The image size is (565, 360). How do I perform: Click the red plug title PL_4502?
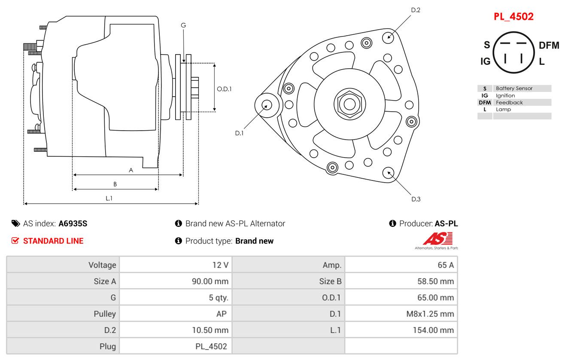click(513, 17)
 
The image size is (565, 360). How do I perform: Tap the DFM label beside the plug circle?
click(549, 46)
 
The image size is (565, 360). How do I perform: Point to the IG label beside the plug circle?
click(485, 61)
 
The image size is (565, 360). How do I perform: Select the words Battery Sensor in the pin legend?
click(514, 88)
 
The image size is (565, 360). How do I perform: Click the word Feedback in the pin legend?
click(509, 103)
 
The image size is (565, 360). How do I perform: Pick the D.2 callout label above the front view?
click(416, 10)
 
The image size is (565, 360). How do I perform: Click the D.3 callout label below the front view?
click(416, 199)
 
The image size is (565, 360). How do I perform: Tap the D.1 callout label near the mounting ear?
click(239, 133)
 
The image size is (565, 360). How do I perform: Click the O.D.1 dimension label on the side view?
click(224, 89)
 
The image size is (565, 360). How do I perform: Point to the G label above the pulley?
click(183, 25)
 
